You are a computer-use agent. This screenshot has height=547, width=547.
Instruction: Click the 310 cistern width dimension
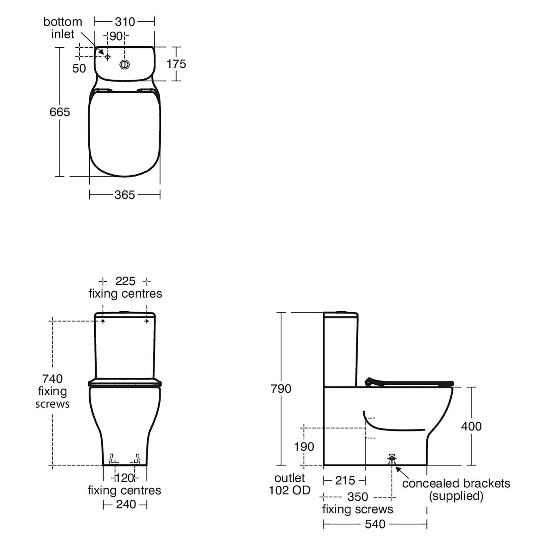[125, 22]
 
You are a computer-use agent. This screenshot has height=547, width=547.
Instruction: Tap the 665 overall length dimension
[60, 112]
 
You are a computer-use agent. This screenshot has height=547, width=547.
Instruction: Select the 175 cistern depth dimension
[176, 64]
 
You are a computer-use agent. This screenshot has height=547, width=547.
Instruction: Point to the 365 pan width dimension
[124, 195]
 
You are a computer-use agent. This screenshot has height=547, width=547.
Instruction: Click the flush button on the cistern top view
[124, 65]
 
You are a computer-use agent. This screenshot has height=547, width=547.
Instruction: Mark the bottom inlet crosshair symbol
[107, 57]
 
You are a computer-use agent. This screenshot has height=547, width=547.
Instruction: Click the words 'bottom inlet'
[63, 28]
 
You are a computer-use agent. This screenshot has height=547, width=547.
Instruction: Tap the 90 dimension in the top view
[116, 36]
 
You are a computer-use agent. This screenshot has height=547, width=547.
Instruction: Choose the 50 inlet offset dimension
[79, 69]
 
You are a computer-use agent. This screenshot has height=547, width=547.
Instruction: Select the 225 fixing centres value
[126, 281]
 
